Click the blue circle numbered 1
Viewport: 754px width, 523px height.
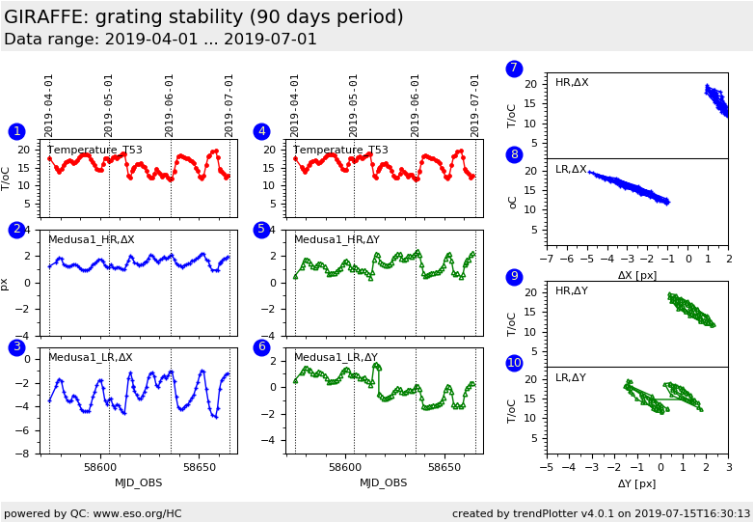[x=16, y=131]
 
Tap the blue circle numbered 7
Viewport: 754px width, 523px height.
[x=514, y=69]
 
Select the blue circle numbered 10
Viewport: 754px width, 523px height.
[x=514, y=363]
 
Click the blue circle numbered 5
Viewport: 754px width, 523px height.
[x=261, y=230]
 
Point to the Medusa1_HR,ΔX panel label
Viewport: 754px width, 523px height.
[x=92, y=239]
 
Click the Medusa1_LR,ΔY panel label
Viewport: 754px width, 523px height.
[x=337, y=357]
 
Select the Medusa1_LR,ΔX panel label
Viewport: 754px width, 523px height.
[x=91, y=357]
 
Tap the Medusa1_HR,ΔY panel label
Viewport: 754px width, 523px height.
[x=337, y=239]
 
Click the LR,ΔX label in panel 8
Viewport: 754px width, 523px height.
[x=572, y=169]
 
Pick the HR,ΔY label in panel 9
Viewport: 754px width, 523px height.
[x=572, y=290]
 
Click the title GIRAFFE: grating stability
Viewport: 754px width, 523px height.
[x=203, y=17]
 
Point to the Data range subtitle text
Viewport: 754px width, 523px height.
[x=160, y=40]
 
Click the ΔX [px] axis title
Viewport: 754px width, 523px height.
[x=637, y=275]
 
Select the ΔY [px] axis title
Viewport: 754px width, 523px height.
[x=637, y=483]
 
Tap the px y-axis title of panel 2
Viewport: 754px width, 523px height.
[x=6, y=284]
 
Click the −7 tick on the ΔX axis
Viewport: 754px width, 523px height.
[x=546, y=260]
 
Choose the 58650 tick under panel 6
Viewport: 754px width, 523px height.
[x=444, y=466]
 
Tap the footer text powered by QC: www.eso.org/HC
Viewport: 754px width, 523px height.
[x=93, y=513]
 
